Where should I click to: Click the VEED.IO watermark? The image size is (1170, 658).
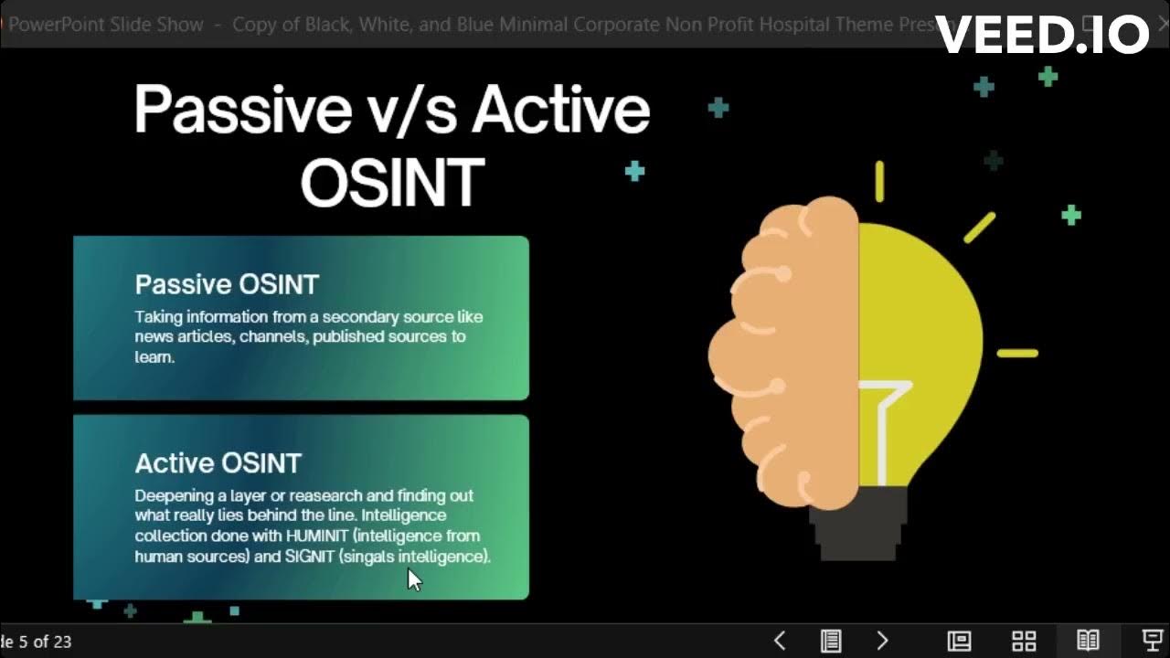[x=1042, y=35]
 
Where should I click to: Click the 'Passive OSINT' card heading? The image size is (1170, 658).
[x=227, y=284]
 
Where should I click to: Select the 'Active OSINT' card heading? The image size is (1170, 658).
[x=218, y=463]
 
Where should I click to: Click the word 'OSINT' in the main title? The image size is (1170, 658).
[x=392, y=181]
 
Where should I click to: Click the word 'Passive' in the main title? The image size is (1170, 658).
[x=242, y=110]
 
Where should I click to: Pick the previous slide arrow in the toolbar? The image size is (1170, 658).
[x=780, y=641]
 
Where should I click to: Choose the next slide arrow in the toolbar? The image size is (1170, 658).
[x=882, y=641]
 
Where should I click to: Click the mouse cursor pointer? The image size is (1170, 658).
[x=413, y=578]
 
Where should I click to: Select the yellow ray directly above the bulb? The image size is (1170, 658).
[x=879, y=181]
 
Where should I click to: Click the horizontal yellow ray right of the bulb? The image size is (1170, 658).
[x=1016, y=353]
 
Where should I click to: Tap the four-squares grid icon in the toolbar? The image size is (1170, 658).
[x=1024, y=641]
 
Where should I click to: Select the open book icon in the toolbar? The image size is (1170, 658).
[x=1088, y=641]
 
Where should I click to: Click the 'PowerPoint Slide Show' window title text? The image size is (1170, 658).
[x=105, y=25]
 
